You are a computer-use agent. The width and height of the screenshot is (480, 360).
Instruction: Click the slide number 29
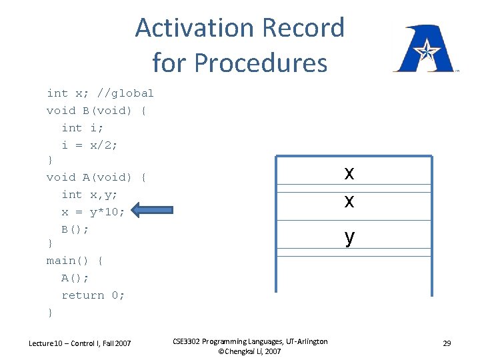pos(447,343)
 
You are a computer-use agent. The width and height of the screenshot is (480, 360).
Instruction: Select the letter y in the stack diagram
pos(349,236)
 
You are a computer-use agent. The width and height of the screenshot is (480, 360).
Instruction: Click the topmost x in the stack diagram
pos(349,173)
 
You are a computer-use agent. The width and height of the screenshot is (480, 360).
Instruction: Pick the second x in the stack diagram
pos(349,200)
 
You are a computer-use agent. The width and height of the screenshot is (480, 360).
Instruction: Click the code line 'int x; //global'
pos(100,93)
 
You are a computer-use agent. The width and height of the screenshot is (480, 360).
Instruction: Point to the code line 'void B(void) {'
pos(97,111)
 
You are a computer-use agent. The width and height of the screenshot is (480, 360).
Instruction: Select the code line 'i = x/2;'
pos(89,145)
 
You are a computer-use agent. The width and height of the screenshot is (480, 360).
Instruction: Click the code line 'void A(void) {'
pos(97,177)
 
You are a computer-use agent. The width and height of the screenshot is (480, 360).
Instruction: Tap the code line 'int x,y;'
pos(89,195)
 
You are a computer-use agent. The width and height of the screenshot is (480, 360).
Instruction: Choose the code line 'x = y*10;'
pos(93,212)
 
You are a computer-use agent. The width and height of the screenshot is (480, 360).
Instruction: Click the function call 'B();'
pos(75,229)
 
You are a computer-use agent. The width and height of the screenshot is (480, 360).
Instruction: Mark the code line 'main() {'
pos(75,261)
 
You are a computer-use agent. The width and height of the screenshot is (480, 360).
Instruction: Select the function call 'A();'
pos(75,278)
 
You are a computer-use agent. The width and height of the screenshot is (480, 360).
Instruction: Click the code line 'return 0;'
pos(93,295)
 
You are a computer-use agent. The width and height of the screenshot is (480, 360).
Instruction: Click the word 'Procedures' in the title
pos(261,63)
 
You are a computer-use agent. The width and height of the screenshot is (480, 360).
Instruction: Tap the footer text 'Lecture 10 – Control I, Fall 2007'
pos(80,343)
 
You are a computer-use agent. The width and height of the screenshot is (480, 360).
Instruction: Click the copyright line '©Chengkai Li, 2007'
pos(249,351)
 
